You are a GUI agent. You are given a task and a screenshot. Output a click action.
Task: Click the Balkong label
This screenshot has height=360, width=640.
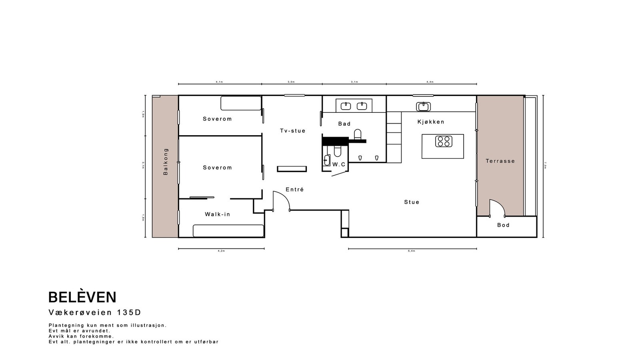[166, 162]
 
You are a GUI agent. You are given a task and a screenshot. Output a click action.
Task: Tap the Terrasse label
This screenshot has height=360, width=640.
[500, 161]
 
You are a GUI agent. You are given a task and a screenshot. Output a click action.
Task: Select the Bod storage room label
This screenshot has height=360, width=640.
[503, 225]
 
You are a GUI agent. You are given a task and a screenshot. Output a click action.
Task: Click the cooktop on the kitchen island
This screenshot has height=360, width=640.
[444, 142]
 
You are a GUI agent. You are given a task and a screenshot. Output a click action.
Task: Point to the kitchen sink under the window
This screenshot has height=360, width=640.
[423, 107]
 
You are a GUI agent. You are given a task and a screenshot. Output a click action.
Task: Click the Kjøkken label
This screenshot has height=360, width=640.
[431, 122]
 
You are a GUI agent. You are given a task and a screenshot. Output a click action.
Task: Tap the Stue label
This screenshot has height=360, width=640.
[412, 202]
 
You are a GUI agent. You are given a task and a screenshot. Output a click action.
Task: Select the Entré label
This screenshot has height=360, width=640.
[295, 190]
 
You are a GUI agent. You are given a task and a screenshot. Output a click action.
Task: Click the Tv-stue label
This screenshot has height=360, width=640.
[292, 131]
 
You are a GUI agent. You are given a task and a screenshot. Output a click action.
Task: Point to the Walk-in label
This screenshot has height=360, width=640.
[217, 214]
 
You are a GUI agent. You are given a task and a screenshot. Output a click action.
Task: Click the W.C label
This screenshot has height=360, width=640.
[339, 164]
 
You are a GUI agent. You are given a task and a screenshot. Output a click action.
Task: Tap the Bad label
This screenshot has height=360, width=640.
[344, 124]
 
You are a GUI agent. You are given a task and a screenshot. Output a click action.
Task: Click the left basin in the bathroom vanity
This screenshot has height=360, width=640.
[346, 106]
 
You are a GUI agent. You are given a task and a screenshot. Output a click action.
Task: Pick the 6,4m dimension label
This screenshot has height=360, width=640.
[412, 251]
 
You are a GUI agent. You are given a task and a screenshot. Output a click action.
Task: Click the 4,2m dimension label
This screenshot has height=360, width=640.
[221, 251]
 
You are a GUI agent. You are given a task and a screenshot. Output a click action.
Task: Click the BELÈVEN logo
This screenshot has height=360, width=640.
[82, 297]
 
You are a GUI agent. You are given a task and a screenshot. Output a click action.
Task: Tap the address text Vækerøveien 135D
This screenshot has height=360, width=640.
[95, 312]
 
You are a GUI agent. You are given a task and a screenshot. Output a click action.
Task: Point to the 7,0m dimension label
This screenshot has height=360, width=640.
[546, 166]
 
